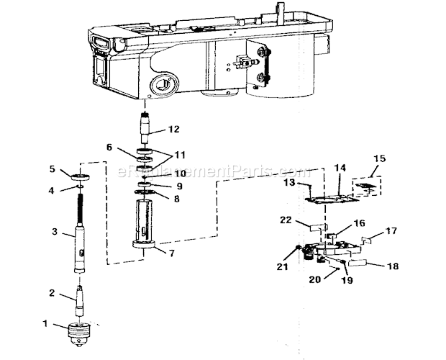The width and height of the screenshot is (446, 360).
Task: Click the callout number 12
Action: click(x=174, y=129)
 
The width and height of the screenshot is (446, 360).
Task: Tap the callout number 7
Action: click(x=171, y=253)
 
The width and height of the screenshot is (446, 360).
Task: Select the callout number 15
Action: click(x=380, y=158)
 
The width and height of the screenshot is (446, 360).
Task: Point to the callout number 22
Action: click(x=286, y=220)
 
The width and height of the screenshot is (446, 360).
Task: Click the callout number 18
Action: click(x=393, y=266)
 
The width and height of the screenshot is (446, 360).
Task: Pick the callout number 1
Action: click(x=45, y=323)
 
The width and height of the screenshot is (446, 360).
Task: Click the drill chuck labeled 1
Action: click(x=79, y=335)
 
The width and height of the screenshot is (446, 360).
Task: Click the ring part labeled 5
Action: click(x=81, y=178)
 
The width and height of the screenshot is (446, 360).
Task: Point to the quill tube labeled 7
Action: click(x=144, y=224)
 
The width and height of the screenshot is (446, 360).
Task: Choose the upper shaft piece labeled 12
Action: click(x=145, y=127)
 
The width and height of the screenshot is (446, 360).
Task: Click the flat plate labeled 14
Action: click(x=332, y=199)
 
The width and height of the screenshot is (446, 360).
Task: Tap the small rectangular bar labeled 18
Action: click(x=358, y=264)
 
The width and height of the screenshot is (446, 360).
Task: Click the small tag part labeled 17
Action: click(x=367, y=240)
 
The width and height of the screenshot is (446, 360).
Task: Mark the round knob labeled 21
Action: click(x=299, y=247)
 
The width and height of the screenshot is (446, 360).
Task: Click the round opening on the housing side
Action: click(x=164, y=85)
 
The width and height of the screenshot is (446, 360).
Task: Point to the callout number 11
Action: click(x=180, y=155)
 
